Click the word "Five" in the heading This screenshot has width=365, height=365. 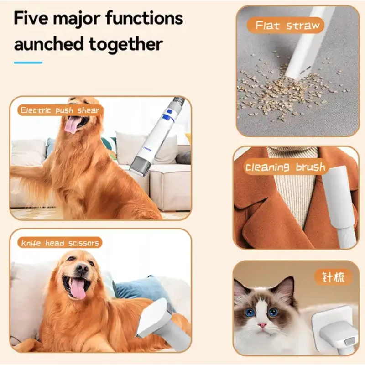point(31,18)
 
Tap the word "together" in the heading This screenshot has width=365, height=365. point(126,44)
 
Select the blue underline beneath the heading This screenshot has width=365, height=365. point(28,63)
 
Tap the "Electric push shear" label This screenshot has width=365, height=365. point(60,110)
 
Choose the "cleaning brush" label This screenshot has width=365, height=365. point(285,167)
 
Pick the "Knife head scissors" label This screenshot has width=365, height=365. point(60,243)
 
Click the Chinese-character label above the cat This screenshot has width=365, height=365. point(333,277)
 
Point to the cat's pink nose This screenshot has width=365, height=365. point(262,324)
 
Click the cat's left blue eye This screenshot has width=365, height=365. point(250,313)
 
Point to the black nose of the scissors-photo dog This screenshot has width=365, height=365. point(82,268)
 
